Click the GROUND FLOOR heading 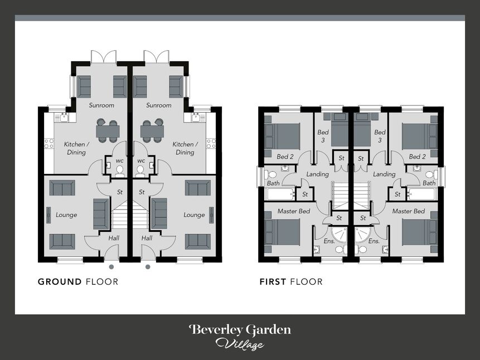[78, 282]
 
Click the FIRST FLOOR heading [291, 282]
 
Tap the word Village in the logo [240, 344]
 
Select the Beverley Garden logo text [240, 330]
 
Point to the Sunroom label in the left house [102, 105]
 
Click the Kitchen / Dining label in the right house [185, 148]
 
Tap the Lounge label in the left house [66, 215]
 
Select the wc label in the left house [119, 161]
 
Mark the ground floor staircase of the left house [120, 216]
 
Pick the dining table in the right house [152, 132]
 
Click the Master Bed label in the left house [294, 211]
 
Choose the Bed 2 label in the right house [417, 157]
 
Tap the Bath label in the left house [273, 183]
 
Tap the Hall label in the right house [147, 238]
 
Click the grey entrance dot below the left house [111, 267]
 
